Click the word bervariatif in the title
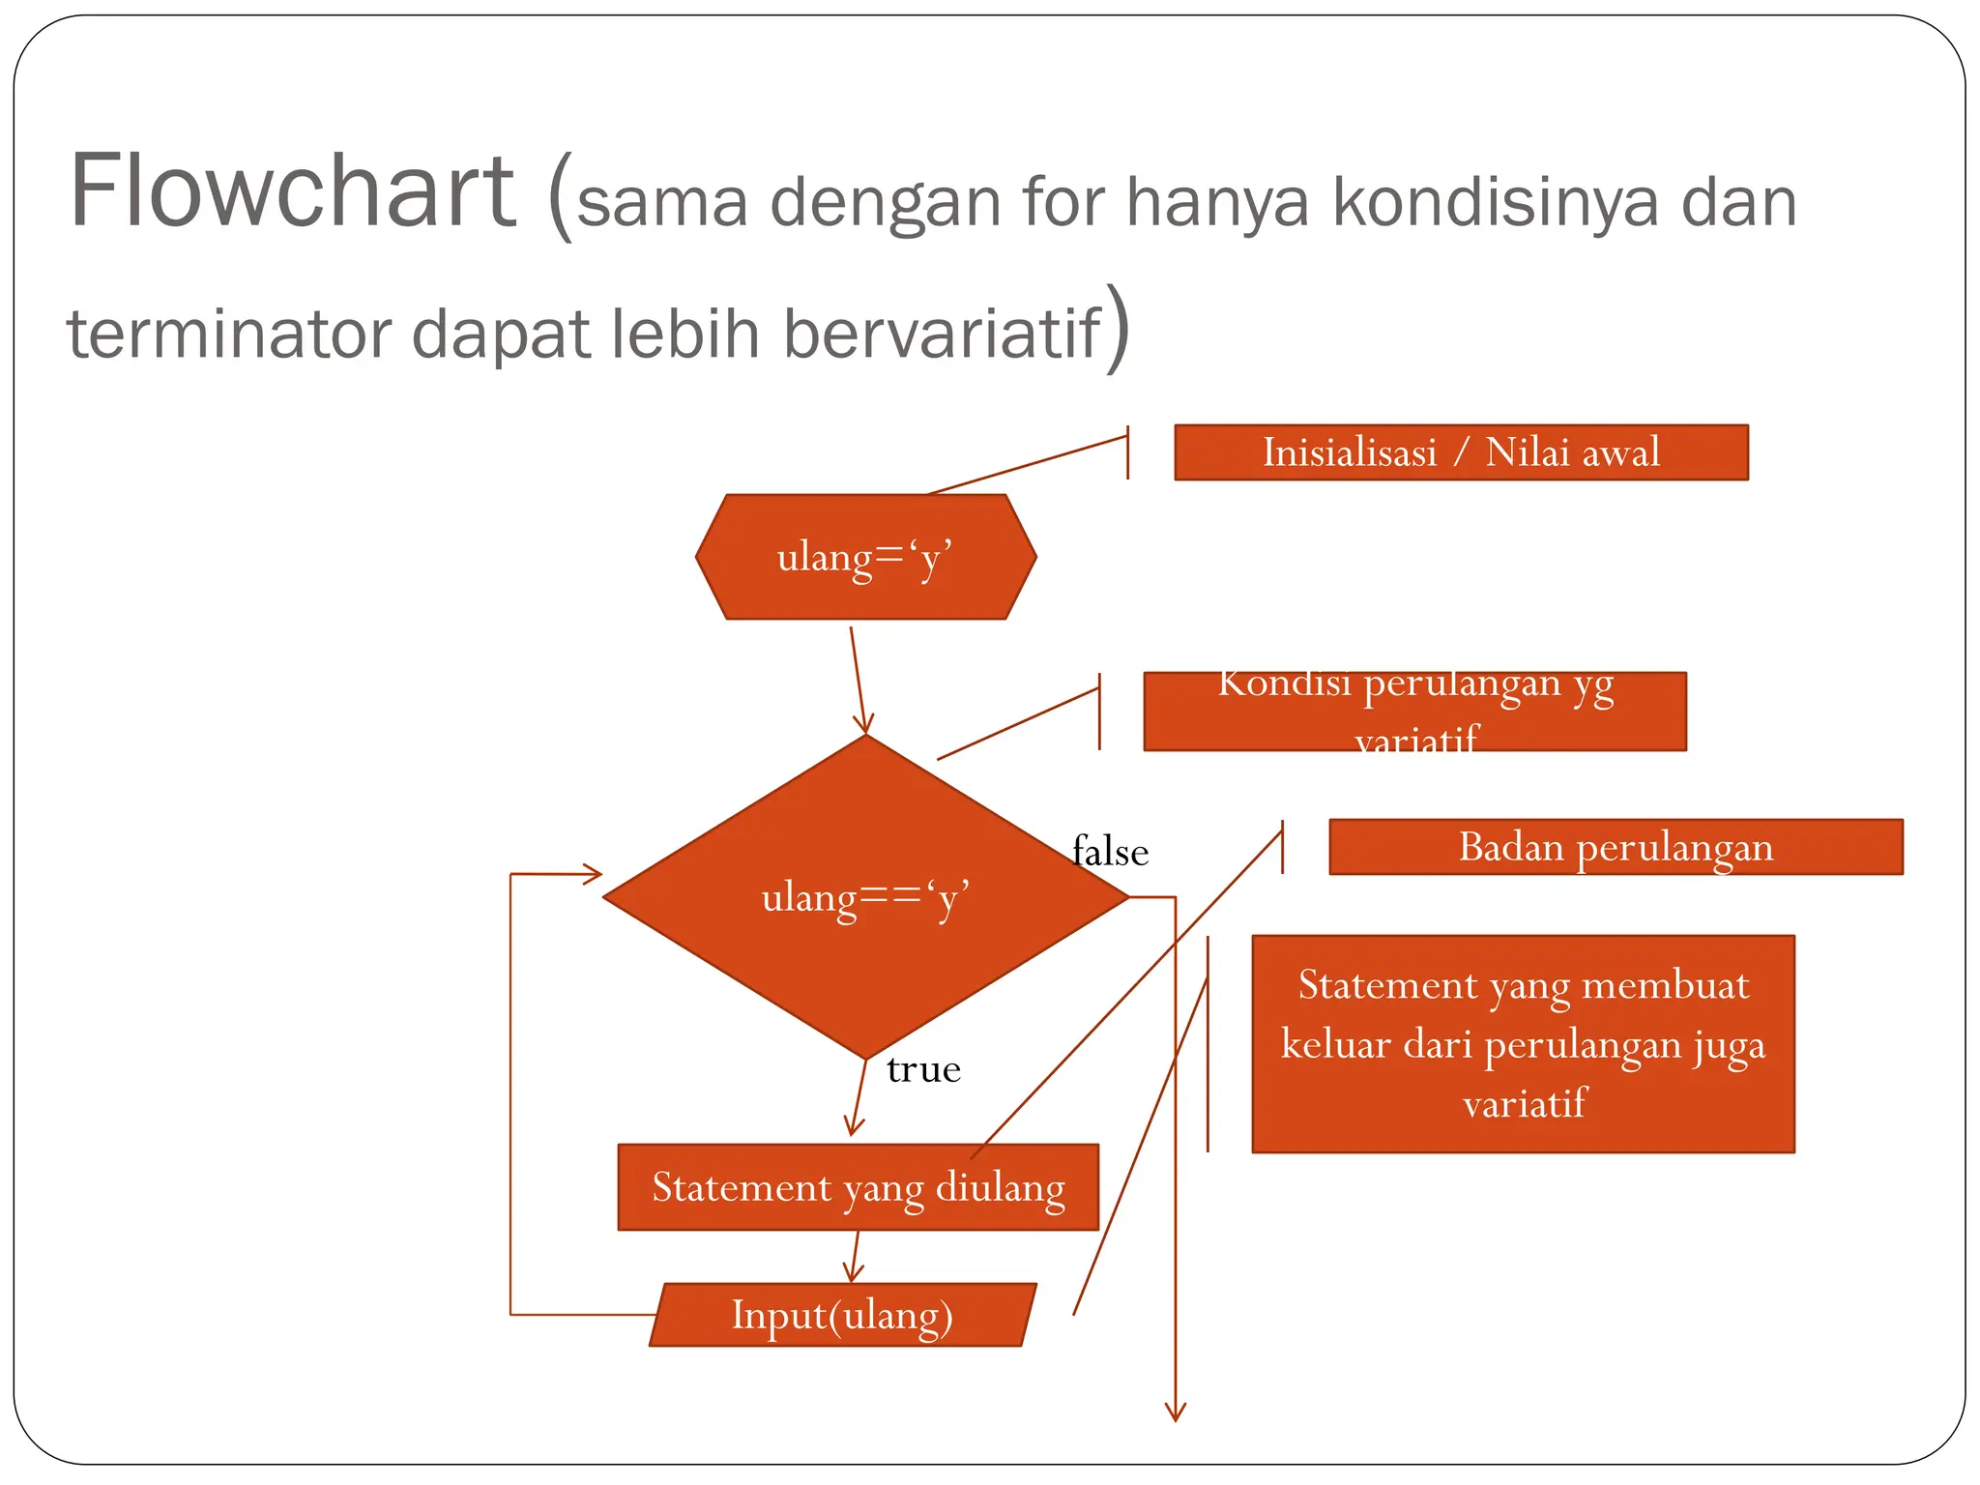pyautogui.click(x=941, y=334)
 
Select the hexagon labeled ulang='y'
pyautogui.click(x=865, y=557)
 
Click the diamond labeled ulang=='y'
pyautogui.click(x=865, y=897)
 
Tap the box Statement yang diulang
pyautogui.click(x=858, y=1187)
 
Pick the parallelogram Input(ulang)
pyautogui.click(x=842, y=1315)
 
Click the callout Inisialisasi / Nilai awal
pyautogui.click(x=1461, y=452)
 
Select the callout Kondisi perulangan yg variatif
pyautogui.click(x=1414, y=712)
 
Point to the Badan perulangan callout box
pyautogui.click(x=1616, y=847)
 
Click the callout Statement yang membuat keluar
pyautogui.click(x=1523, y=1044)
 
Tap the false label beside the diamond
pyautogui.click(x=1111, y=852)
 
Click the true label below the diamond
pyautogui.click(x=923, y=1069)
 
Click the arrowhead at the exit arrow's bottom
pyautogui.click(x=1176, y=1413)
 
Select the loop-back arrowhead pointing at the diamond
pyautogui.click(x=593, y=875)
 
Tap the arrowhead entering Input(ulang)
pyautogui.click(x=852, y=1274)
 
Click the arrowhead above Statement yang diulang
pyautogui.click(x=853, y=1126)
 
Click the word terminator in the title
pyautogui.click(x=229, y=334)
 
